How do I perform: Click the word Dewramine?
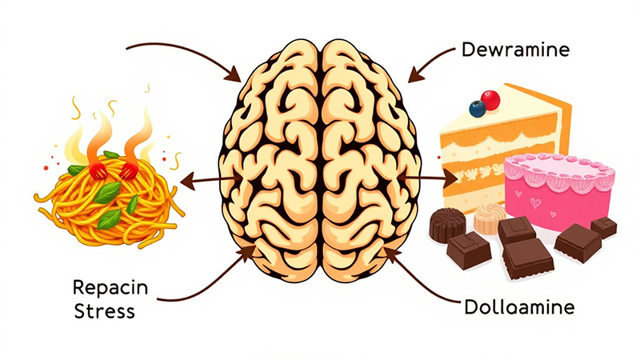coord(515,50)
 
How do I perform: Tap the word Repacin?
coord(106,287)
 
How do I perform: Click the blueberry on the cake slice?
coord(478,106)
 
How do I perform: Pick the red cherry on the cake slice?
coord(490,99)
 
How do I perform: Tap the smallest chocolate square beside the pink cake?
coord(604,227)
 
